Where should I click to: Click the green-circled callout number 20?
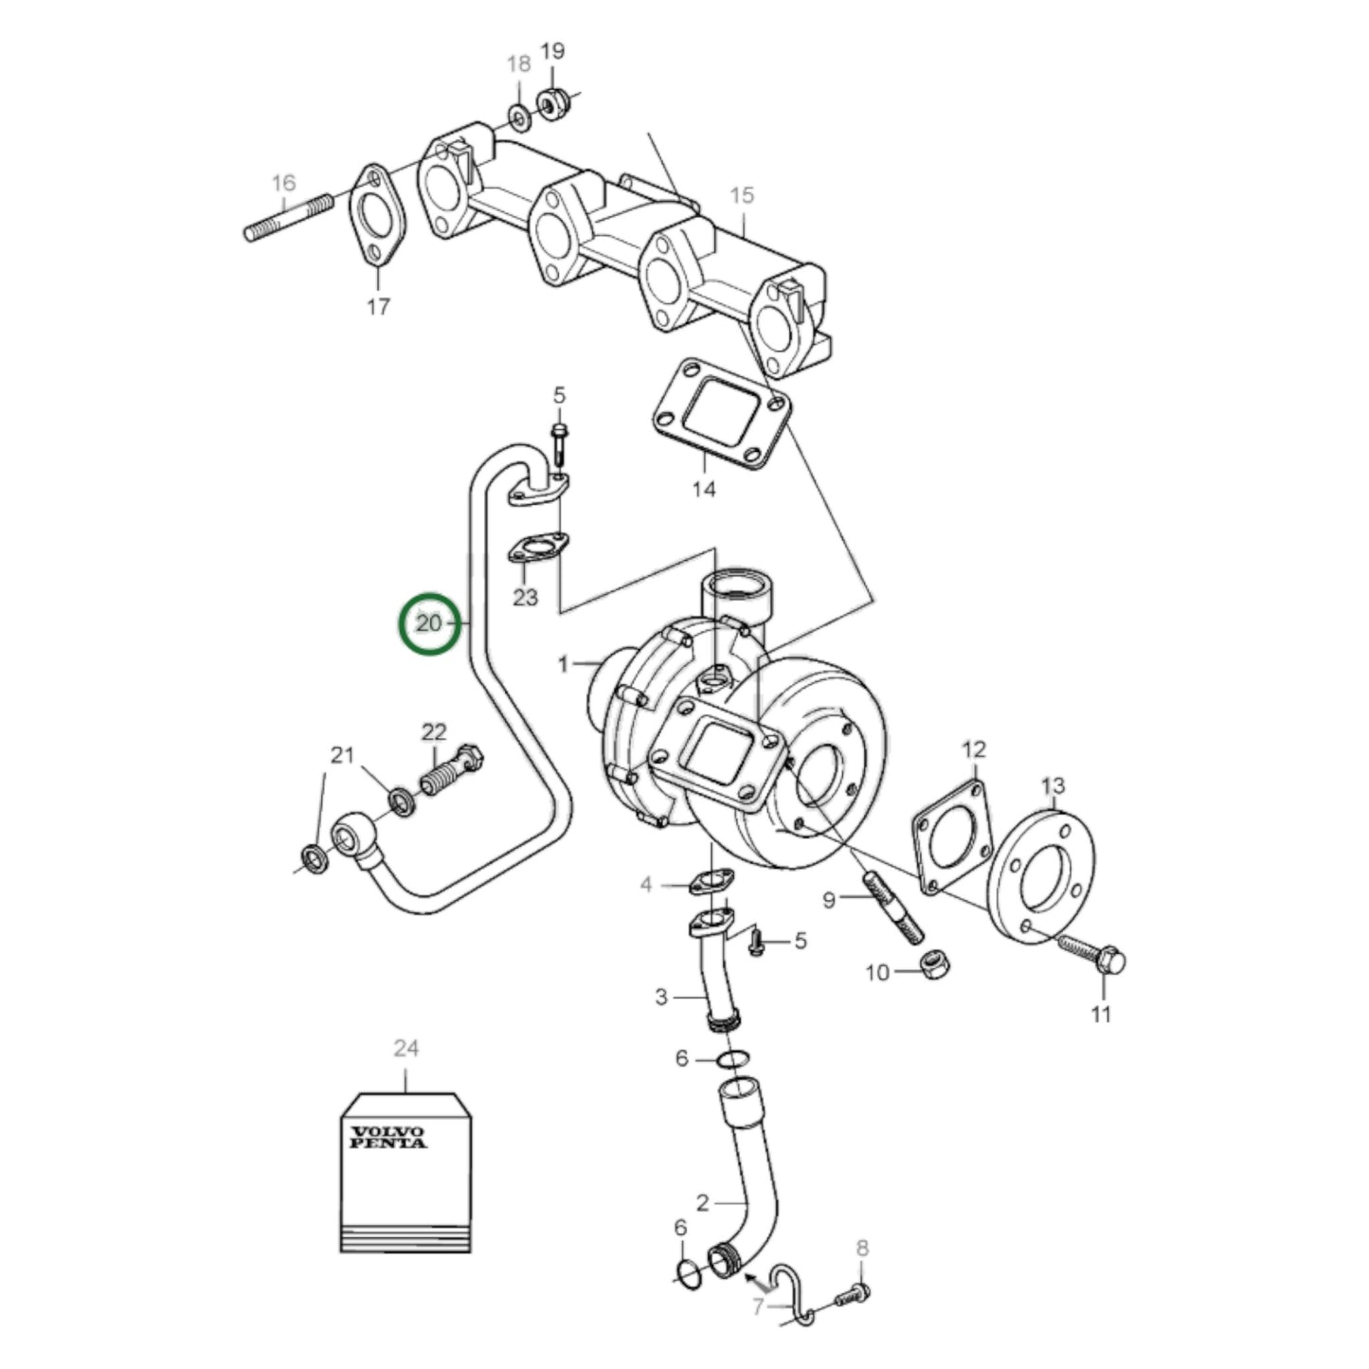coord(429,623)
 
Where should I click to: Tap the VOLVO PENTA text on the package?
coord(388,1137)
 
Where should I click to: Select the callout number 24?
coord(405,1048)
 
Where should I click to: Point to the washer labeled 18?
coord(519,117)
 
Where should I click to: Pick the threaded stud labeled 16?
coord(289,216)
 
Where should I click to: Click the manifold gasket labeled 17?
coord(377,216)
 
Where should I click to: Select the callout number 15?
coord(742,195)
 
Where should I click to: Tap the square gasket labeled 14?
coord(722,413)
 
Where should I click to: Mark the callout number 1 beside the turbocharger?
coord(564,664)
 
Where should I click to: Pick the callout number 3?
coord(661,997)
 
